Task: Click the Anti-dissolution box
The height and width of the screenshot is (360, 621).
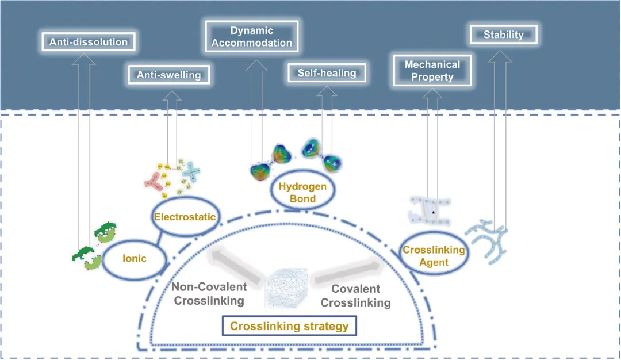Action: (89, 41)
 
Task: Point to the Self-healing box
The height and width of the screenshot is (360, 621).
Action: (327, 72)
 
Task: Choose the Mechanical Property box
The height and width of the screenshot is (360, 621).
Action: (432, 71)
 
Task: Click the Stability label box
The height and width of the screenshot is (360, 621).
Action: (503, 35)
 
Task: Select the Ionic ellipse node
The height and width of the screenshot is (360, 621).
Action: (134, 258)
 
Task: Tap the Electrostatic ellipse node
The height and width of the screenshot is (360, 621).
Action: (184, 217)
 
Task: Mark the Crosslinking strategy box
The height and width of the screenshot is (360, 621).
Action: (289, 326)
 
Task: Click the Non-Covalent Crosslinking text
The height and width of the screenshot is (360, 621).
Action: (209, 293)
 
